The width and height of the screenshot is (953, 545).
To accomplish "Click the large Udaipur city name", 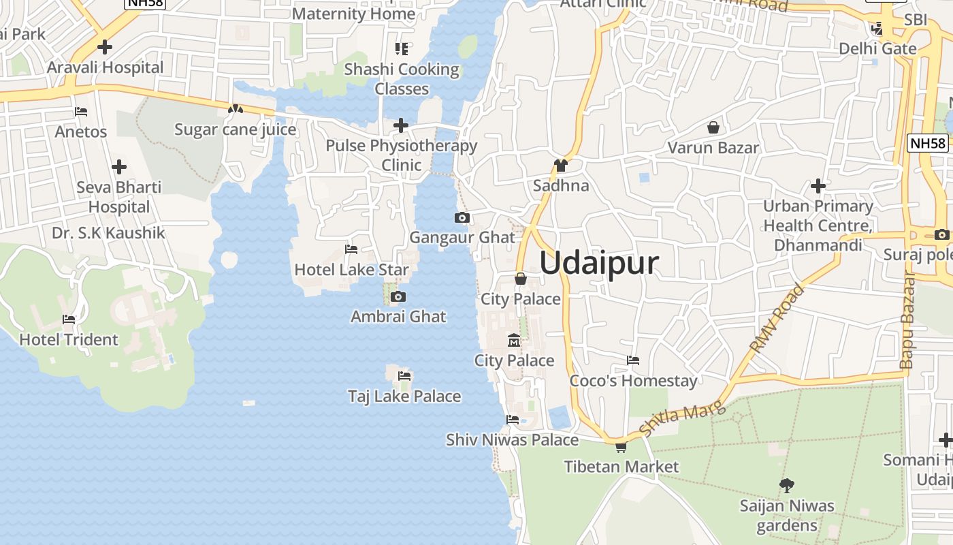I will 599,263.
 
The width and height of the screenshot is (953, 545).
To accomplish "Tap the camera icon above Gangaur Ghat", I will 462,218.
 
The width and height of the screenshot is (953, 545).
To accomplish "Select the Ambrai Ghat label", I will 398,316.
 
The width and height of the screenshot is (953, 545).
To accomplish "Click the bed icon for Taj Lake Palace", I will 404,376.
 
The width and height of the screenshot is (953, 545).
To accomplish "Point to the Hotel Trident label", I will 69,339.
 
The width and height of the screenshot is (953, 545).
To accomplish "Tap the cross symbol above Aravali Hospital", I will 104,47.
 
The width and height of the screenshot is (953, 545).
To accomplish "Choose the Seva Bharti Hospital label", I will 119,197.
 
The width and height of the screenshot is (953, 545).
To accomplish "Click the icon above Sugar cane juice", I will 236,109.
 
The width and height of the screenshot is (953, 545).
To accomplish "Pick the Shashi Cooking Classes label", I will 402,79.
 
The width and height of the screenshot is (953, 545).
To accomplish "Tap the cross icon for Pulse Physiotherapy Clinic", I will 401,125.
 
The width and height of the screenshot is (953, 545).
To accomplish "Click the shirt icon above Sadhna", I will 560,165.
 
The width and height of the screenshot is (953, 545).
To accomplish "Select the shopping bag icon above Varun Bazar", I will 713,127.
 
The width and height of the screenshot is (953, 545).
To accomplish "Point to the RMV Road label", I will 777,317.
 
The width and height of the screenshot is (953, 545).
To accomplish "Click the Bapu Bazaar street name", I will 907,320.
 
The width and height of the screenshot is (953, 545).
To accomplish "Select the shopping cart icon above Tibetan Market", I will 621,447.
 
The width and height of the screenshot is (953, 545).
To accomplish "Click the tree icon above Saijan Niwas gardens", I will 787,486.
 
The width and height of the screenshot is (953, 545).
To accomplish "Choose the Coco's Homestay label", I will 633,381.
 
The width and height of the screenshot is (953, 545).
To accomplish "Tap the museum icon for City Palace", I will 514,340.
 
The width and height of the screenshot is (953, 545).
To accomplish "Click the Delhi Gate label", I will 877,48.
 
